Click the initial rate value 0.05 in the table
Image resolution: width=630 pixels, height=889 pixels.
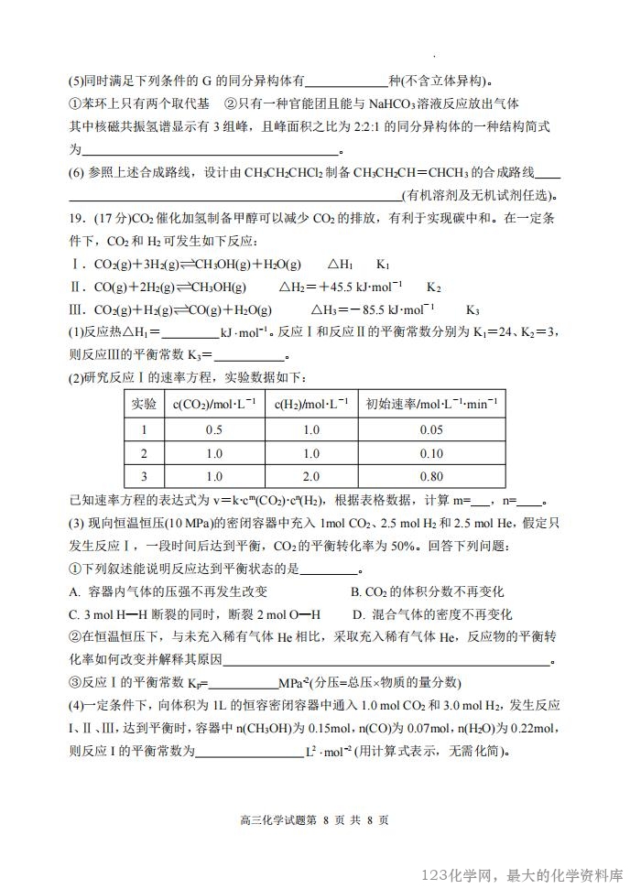tap(429, 429)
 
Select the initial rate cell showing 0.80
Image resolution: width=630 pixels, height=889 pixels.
tap(429, 476)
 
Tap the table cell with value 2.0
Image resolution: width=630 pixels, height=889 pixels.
tap(310, 476)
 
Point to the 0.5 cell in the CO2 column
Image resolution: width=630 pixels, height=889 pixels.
tap(214, 429)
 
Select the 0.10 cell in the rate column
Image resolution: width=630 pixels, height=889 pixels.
tap(429, 453)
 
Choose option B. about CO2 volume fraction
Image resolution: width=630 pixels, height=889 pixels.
tap(357, 591)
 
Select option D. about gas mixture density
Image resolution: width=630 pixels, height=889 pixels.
tap(358, 614)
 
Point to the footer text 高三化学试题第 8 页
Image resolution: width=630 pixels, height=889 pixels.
tap(280, 819)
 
